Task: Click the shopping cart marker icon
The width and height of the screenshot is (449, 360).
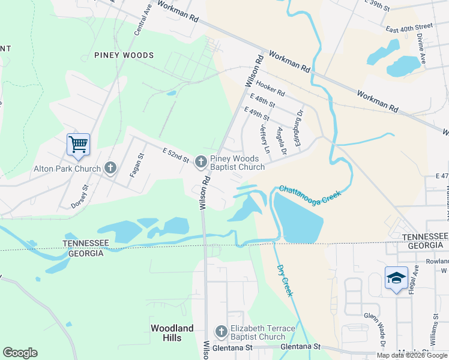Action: (78, 144)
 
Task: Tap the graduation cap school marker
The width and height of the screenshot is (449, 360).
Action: (396, 278)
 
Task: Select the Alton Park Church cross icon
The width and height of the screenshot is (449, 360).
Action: (110, 168)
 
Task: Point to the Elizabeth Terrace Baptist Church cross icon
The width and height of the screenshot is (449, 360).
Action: (221, 332)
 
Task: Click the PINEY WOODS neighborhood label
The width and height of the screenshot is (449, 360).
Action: (124, 55)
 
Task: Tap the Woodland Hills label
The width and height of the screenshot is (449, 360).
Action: (172, 333)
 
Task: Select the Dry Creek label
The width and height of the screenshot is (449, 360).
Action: (285, 281)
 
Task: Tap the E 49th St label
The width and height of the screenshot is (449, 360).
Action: (256, 113)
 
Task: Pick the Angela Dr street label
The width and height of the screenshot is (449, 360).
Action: (281, 141)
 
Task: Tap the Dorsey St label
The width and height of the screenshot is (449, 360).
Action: (80, 196)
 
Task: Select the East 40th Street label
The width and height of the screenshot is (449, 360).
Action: (409, 28)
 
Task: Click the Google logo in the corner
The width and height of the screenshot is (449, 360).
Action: (20, 353)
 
